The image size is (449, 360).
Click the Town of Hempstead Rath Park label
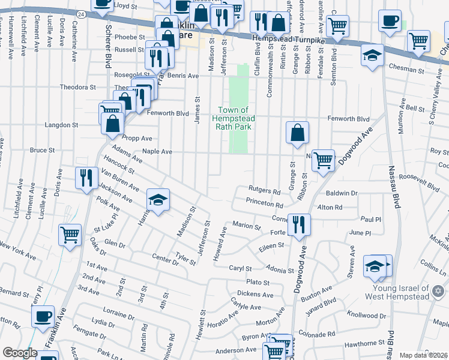(233, 118)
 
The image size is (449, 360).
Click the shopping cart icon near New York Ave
(70, 235)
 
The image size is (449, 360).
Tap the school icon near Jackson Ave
(158, 200)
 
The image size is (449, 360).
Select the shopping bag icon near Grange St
(297, 133)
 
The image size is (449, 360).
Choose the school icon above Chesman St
(372, 56)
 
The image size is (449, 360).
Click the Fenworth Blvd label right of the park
(348, 119)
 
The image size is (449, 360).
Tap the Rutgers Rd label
(264, 191)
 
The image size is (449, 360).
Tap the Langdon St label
(59, 125)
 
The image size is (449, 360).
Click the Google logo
(20, 353)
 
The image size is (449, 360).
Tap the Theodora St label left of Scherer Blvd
(77, 87)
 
